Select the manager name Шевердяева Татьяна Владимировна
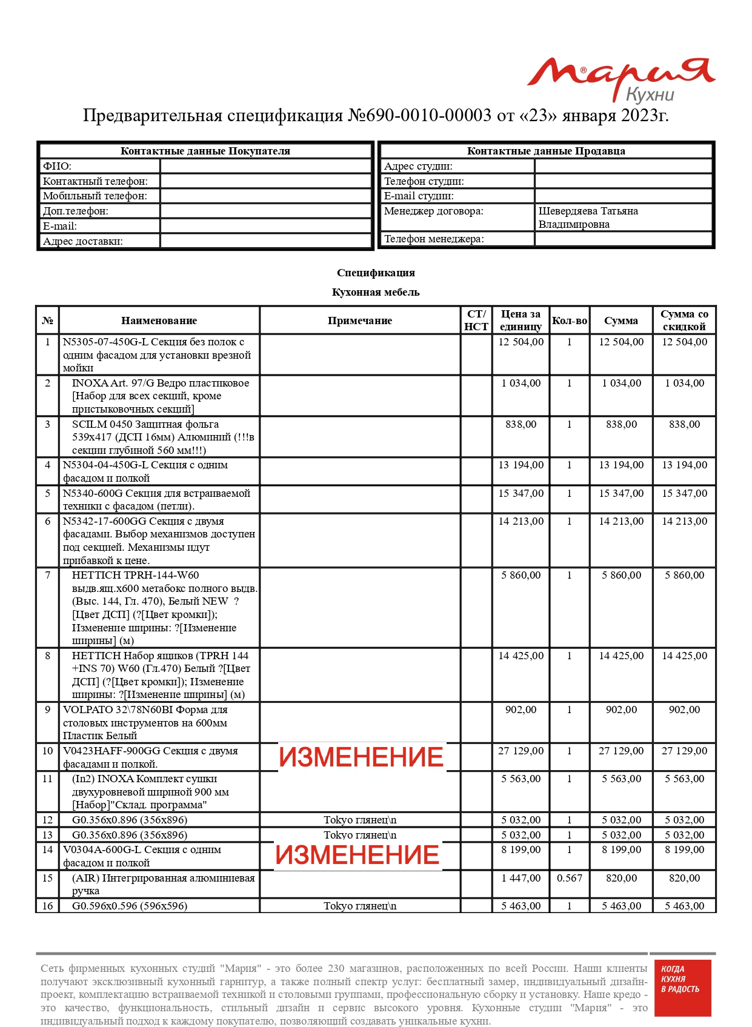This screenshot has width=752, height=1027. coord(588,218)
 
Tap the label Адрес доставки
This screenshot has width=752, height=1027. coord(83,241)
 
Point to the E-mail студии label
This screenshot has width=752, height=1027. coord(419,196)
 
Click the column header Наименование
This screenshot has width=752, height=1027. coord(159,321)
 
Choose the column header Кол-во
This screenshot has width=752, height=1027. coord(569,321)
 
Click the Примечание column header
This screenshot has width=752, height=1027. coord(360,321)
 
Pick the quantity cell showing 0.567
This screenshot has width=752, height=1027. coord(569,878)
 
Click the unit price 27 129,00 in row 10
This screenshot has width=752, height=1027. coord(521,751)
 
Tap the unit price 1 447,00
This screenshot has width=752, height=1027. coord(521,878)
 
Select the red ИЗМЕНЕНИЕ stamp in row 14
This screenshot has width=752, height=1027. coord(358,855)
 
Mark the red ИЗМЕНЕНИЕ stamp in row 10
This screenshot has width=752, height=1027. coord(361,757)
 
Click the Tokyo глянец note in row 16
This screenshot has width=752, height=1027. coord(360,906)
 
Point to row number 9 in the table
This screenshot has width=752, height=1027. coord(47,710)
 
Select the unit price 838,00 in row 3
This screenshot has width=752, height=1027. coord(521,424)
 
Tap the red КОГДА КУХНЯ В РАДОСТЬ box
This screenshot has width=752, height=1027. coord(680,988)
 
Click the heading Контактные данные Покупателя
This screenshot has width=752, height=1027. coord(205,151)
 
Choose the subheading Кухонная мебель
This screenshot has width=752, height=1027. coord(376,292)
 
